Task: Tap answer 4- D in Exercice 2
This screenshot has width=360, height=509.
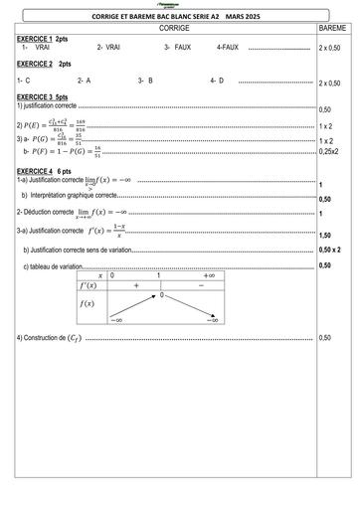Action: coord(217,80)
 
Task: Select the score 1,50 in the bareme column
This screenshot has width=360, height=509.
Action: coord(325,235)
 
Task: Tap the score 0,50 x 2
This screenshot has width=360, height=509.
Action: coord(330,250)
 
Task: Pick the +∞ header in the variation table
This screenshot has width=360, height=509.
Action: coord(210,273)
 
